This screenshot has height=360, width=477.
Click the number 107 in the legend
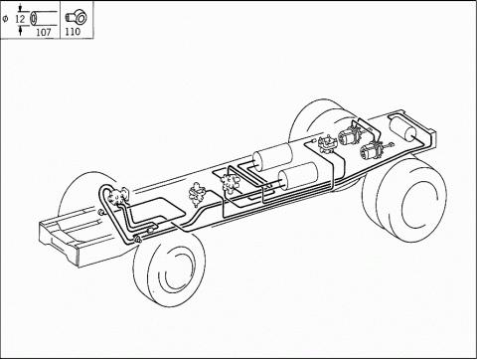tap(44, 32)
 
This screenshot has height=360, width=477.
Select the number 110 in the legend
tap(73, 32)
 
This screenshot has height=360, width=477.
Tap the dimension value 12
tap(20, 19)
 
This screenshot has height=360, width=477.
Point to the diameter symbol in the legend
tap(5, 19)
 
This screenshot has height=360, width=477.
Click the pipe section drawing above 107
tap(43, 18)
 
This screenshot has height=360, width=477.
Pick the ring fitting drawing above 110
tap(76, 17)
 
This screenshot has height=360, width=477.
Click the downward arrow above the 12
tap(21, 8)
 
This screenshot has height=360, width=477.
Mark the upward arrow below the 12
tap(21, 30)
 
